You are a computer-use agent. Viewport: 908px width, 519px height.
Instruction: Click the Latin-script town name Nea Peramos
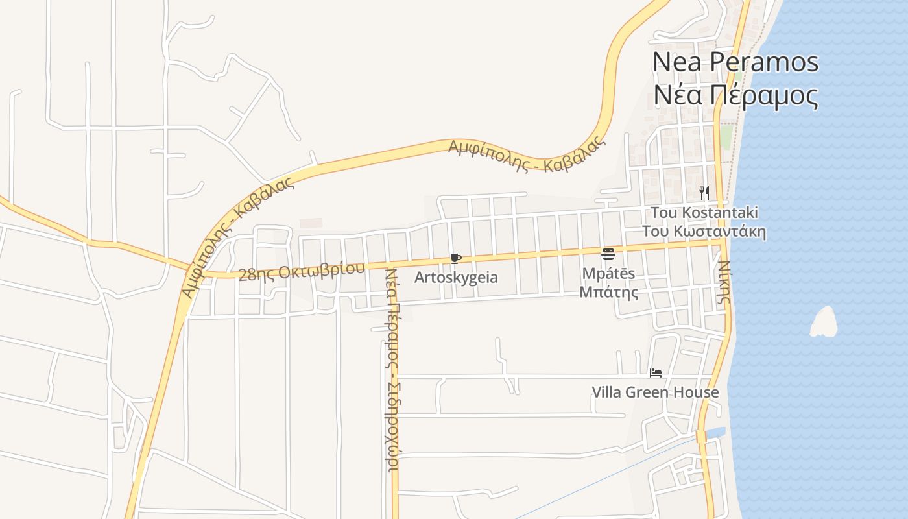click(x=735, y=62)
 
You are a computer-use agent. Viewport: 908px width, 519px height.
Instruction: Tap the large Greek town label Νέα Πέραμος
click(x=735, y=96)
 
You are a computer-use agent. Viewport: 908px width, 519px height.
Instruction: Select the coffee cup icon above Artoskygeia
click(x=455, y=258)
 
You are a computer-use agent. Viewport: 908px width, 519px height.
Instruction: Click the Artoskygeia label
click(x=456, y=278)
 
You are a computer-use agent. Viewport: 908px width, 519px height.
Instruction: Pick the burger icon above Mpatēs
click(x=608, y=254)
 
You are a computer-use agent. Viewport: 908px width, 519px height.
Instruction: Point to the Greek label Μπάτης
click(x=608, y=293)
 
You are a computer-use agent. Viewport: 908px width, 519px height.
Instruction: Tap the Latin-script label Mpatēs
click(x=608, y=273)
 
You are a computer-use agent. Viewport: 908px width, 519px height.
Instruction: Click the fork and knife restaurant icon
click(x=704, y=193)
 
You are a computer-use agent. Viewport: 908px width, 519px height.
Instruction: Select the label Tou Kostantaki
click(x=704, y=213)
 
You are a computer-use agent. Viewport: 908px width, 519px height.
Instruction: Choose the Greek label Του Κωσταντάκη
click(x=704, y=232)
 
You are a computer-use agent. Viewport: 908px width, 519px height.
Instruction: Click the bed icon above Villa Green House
click(x=656, y=373)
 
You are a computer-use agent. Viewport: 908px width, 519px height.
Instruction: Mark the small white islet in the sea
click(x=824, y=322)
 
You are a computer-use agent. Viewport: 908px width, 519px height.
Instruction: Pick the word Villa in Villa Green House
click(x=607, y=392)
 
